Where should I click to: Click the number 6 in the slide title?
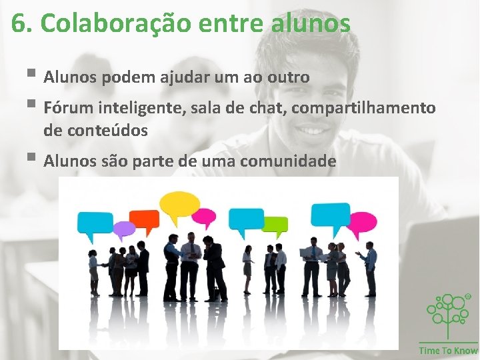19,23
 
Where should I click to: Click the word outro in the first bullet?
288,78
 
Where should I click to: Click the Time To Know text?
448,351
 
